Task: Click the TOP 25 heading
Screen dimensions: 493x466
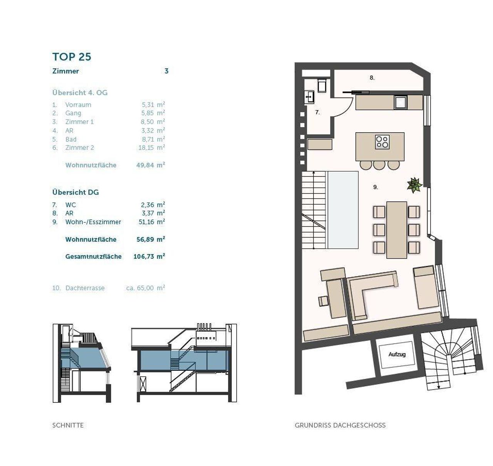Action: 72,57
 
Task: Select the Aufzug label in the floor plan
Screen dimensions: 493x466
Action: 397,354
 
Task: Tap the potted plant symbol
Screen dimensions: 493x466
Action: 414,185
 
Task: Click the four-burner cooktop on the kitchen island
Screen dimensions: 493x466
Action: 382,142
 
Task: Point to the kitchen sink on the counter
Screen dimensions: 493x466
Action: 401,102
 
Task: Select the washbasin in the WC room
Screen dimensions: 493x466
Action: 309,97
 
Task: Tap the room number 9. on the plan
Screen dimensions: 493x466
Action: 376,187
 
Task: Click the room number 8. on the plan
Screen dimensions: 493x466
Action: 372,78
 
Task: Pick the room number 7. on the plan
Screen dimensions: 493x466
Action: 317,112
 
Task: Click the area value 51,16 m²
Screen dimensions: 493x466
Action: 152,222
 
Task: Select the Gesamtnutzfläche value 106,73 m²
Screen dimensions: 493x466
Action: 149,256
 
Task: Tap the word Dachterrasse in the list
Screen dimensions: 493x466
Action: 85,288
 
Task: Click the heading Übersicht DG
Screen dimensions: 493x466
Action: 75,192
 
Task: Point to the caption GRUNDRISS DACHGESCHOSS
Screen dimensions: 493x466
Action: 340,425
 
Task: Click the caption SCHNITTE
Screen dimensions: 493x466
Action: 68,425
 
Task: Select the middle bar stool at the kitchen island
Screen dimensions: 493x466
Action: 379,165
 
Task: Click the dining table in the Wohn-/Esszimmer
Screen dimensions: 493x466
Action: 397,230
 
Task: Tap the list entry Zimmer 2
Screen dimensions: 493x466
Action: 80,148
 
